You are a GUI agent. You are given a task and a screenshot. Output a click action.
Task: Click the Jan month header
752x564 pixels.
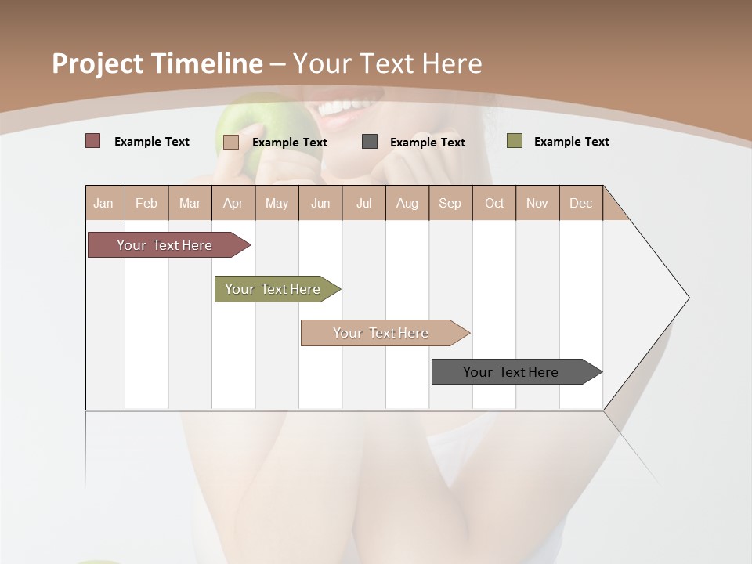pyautogui.click(x=104, y=203)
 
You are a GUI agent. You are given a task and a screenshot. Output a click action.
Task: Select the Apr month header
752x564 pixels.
pyautogui.click(x=233, y=203)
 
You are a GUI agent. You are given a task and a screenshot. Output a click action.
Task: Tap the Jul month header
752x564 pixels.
pyautogui.click(x=363, y=203)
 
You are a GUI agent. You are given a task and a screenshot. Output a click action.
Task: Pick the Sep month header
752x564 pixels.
pyautogui.click(x=450, y=203)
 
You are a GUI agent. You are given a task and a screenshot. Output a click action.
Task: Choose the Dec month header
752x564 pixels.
pyautogui.click(x=580, y=203)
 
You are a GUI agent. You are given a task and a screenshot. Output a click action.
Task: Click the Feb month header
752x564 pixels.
pyautogui.click(x=146, y=203)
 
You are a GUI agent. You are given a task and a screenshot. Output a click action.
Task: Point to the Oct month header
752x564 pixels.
pyautogui.click(x=494, y=203)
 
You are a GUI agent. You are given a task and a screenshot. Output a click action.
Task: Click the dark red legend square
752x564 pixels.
pyautogui.click(x=93, y=141)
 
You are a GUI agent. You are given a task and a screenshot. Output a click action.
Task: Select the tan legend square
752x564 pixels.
pyautogui.click(x=231, y=142)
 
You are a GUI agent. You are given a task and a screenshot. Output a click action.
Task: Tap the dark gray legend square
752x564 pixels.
pyautogui.click(x=370, y=142)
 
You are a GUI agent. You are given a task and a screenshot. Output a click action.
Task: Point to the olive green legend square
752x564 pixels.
pyautogui.click(x=515, y=141)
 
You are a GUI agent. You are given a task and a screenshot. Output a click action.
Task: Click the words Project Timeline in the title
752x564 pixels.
pyautogui.click(x=157, y=63)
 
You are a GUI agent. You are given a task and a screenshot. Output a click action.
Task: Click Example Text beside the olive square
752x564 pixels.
pyautogui.click(x=571, y=142)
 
